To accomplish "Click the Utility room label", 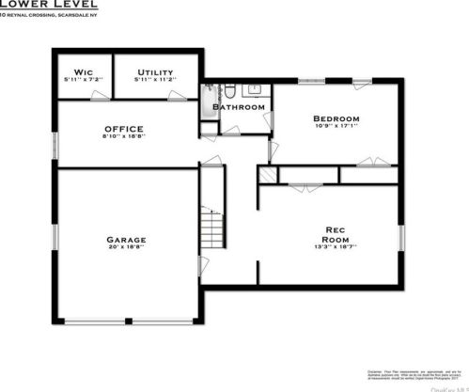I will point(154,71).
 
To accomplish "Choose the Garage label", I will point(125,239).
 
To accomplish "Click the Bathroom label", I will point(238,107).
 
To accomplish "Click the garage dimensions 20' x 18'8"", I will point(125,248).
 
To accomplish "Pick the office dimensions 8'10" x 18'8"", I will point(123,136).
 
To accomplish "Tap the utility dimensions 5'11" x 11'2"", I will point(154,79).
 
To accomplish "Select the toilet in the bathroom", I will point(227,91).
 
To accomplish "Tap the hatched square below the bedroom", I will point(267,176).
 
